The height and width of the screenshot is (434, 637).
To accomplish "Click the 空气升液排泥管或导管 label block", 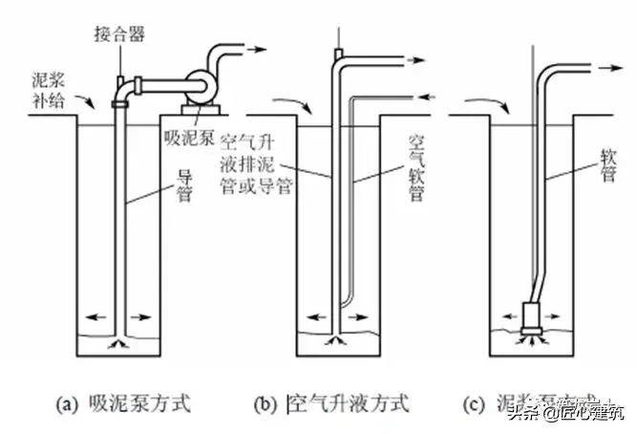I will click(x=256, y=163).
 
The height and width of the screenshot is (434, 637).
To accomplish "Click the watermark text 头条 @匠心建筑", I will click(x=563, y=413).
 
